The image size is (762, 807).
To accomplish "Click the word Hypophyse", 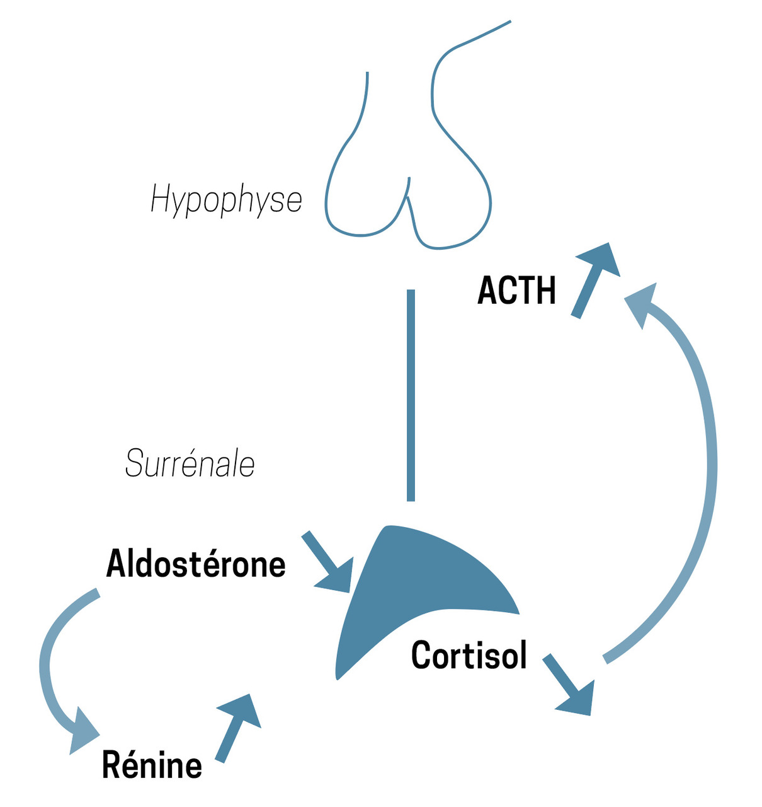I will [226, 199].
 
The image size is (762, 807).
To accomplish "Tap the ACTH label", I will [516, 291].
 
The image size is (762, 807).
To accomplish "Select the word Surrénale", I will [190, 464].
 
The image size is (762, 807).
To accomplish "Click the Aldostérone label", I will [196, 564].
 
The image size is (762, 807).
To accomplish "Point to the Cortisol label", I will [469, 655].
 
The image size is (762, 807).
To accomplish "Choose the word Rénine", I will [152, 765].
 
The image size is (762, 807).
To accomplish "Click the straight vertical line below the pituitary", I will [411, 395].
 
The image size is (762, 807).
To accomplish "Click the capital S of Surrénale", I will [134, 464].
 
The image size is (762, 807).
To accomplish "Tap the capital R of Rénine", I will [112, 765].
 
